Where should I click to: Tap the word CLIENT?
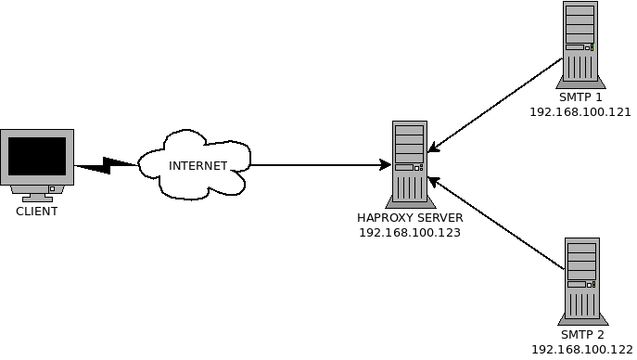[x=37, y=212]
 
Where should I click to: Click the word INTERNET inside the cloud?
[x=197, y=166]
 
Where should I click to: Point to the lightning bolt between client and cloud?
[x=107, y=166]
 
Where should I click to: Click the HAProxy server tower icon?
[x=409, y=163]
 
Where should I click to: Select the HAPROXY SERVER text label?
[x=409, y=218]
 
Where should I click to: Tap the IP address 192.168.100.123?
[x=409, y=233]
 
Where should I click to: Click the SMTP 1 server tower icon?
[x=580, y=45]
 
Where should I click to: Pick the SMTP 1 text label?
[x=580, y=97]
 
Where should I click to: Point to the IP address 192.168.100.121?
[x=580, y=112]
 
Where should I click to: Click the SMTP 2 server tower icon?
[x=581, y=278]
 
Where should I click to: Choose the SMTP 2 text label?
[x=582, y=334]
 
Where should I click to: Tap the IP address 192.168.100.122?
[x=582, y=350]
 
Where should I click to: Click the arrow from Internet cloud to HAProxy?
[x=315, y=166]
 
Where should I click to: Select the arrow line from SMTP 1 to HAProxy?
[x=496, y=104]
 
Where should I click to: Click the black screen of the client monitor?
[x=37, y=156]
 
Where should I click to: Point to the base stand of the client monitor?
[x=38, y=196]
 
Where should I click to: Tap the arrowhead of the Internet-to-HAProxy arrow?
[x=385, y=166]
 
